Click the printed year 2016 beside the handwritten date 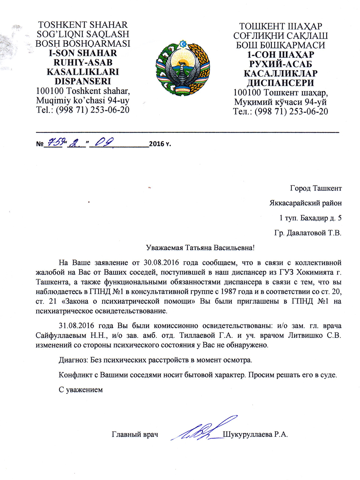click(157, 144)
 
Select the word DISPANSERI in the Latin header click(83, 81)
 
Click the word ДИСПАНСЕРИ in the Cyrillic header click(280, 83)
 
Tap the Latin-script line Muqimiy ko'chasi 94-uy click(83, 100)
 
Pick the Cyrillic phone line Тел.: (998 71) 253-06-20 click(280, 111)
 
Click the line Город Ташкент click(316, 188)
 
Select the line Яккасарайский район click(305, 203)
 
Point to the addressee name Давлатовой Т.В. click(314, 233)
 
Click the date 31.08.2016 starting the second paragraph click(76, 325)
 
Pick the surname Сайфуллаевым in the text click(61, 335)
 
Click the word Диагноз click(73, 360)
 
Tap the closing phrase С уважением click(81, 389)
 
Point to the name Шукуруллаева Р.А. click(255, 434)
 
